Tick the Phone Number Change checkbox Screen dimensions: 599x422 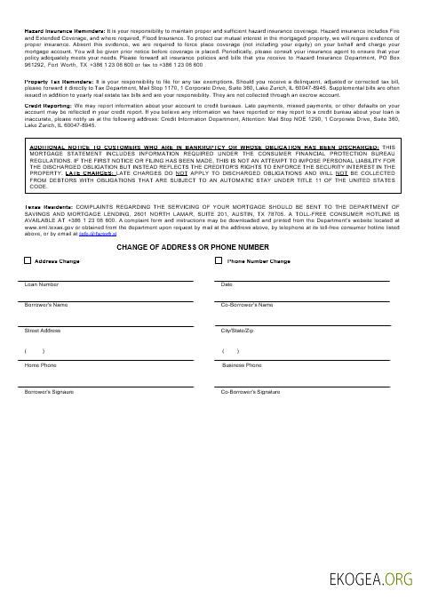[x=219, y=261]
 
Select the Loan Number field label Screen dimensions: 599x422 [x=42, y=284]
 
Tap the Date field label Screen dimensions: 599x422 [x=227, y=284]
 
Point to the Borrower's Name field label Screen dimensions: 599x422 [x=47, y=305]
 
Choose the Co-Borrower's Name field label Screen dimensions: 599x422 [x=247, y=305]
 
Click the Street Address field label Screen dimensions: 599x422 [x=43, y=331]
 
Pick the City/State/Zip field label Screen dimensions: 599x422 [x=237, y=331]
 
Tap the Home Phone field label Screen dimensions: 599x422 [x=40, y=365]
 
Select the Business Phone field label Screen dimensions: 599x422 [x=242, y=365]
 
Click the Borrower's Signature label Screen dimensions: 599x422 [x=49, y=391]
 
